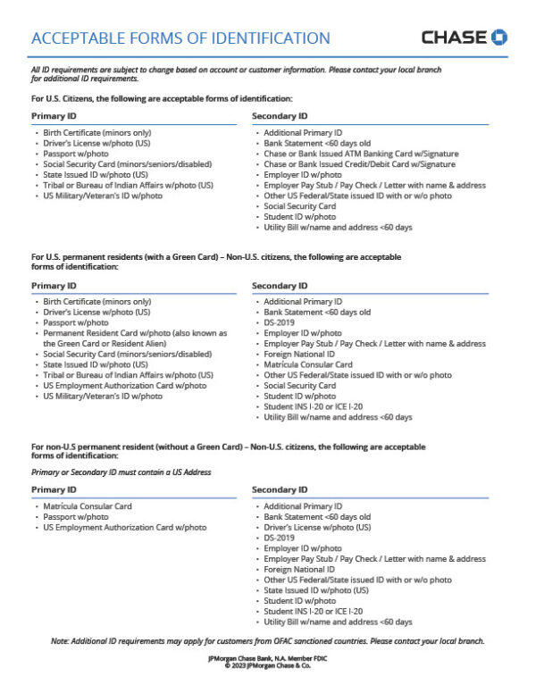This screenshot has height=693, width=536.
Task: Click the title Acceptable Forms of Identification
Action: (x=180, y=38)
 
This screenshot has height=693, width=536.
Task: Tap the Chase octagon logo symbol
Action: (x=499, y=38)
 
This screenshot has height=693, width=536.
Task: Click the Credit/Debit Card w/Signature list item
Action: (x=359, y=164)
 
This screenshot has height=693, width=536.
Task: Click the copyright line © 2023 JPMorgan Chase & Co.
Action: (x=267, y=664)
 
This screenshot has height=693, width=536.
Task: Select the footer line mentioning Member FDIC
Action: (x=267, y=657)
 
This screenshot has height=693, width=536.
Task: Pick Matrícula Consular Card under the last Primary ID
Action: (x=88, y=506)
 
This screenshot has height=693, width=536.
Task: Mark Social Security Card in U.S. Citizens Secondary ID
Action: (x=299, y=206)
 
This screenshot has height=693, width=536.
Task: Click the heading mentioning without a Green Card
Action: (x=227, y=447)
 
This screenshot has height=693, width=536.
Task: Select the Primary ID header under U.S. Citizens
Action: (x=54, y=116)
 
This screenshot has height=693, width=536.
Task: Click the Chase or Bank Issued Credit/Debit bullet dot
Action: (x=258, y=164)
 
